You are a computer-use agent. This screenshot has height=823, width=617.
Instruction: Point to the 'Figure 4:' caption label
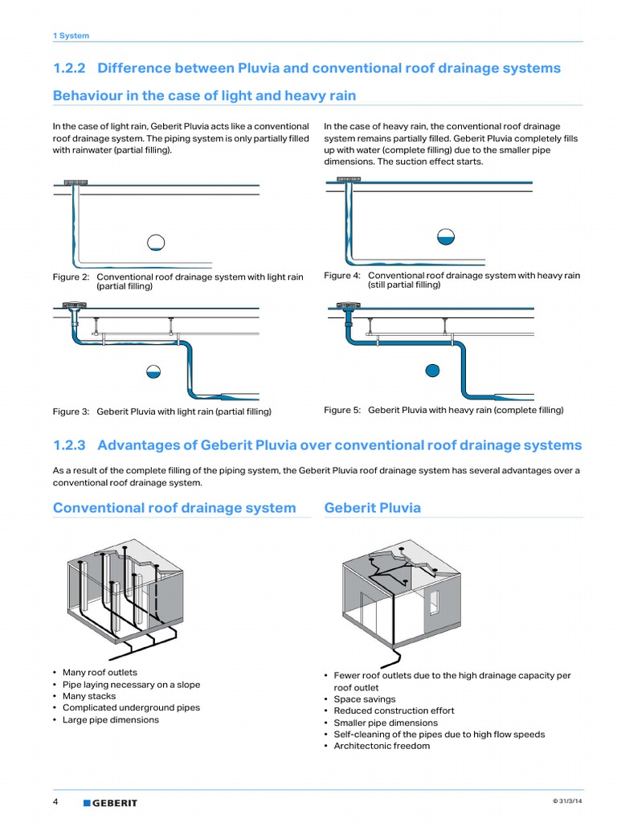coord(342,276)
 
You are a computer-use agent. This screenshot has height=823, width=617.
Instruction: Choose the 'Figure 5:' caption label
coord(342,410)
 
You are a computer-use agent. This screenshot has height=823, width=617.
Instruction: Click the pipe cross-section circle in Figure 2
coord(156,241)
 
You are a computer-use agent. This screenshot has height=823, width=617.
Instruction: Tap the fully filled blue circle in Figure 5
coord(432,370)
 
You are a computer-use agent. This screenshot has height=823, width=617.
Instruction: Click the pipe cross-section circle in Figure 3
coord(153,371)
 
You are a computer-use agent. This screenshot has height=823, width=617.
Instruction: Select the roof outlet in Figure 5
coord(349,305)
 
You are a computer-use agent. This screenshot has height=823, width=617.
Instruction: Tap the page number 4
coord(55,802)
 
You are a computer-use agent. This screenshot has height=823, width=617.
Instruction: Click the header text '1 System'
coord(71,35)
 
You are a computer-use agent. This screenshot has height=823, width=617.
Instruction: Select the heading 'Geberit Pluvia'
coord(372,508)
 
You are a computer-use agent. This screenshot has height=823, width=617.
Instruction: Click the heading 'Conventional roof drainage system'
coord(174,508)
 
